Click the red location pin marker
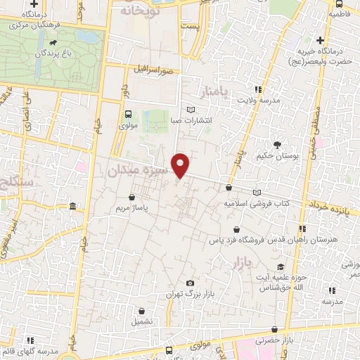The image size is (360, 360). (181, 165)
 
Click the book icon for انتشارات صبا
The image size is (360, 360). (191, 110)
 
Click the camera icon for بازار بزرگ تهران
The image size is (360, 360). (189, 283)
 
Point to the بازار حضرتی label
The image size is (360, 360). (292, 341)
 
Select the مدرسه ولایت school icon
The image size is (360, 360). (259, 90)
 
